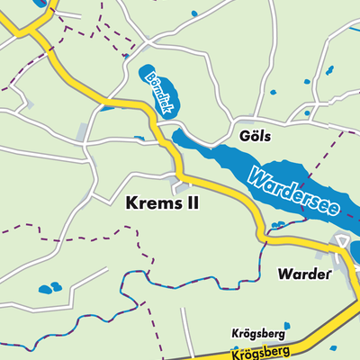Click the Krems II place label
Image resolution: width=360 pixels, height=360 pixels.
[x=158, y=204]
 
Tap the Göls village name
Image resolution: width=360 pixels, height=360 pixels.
[x=256, y=136]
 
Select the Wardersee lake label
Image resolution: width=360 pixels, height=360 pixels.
[x=294, y=190]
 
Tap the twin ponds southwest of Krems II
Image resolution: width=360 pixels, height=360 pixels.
[x=49, y=289]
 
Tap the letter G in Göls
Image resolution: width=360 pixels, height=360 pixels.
[x=245, y=136]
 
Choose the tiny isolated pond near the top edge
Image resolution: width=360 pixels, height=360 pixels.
[x=195, y=13]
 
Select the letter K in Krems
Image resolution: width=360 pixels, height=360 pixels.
[x=127, y=204]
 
